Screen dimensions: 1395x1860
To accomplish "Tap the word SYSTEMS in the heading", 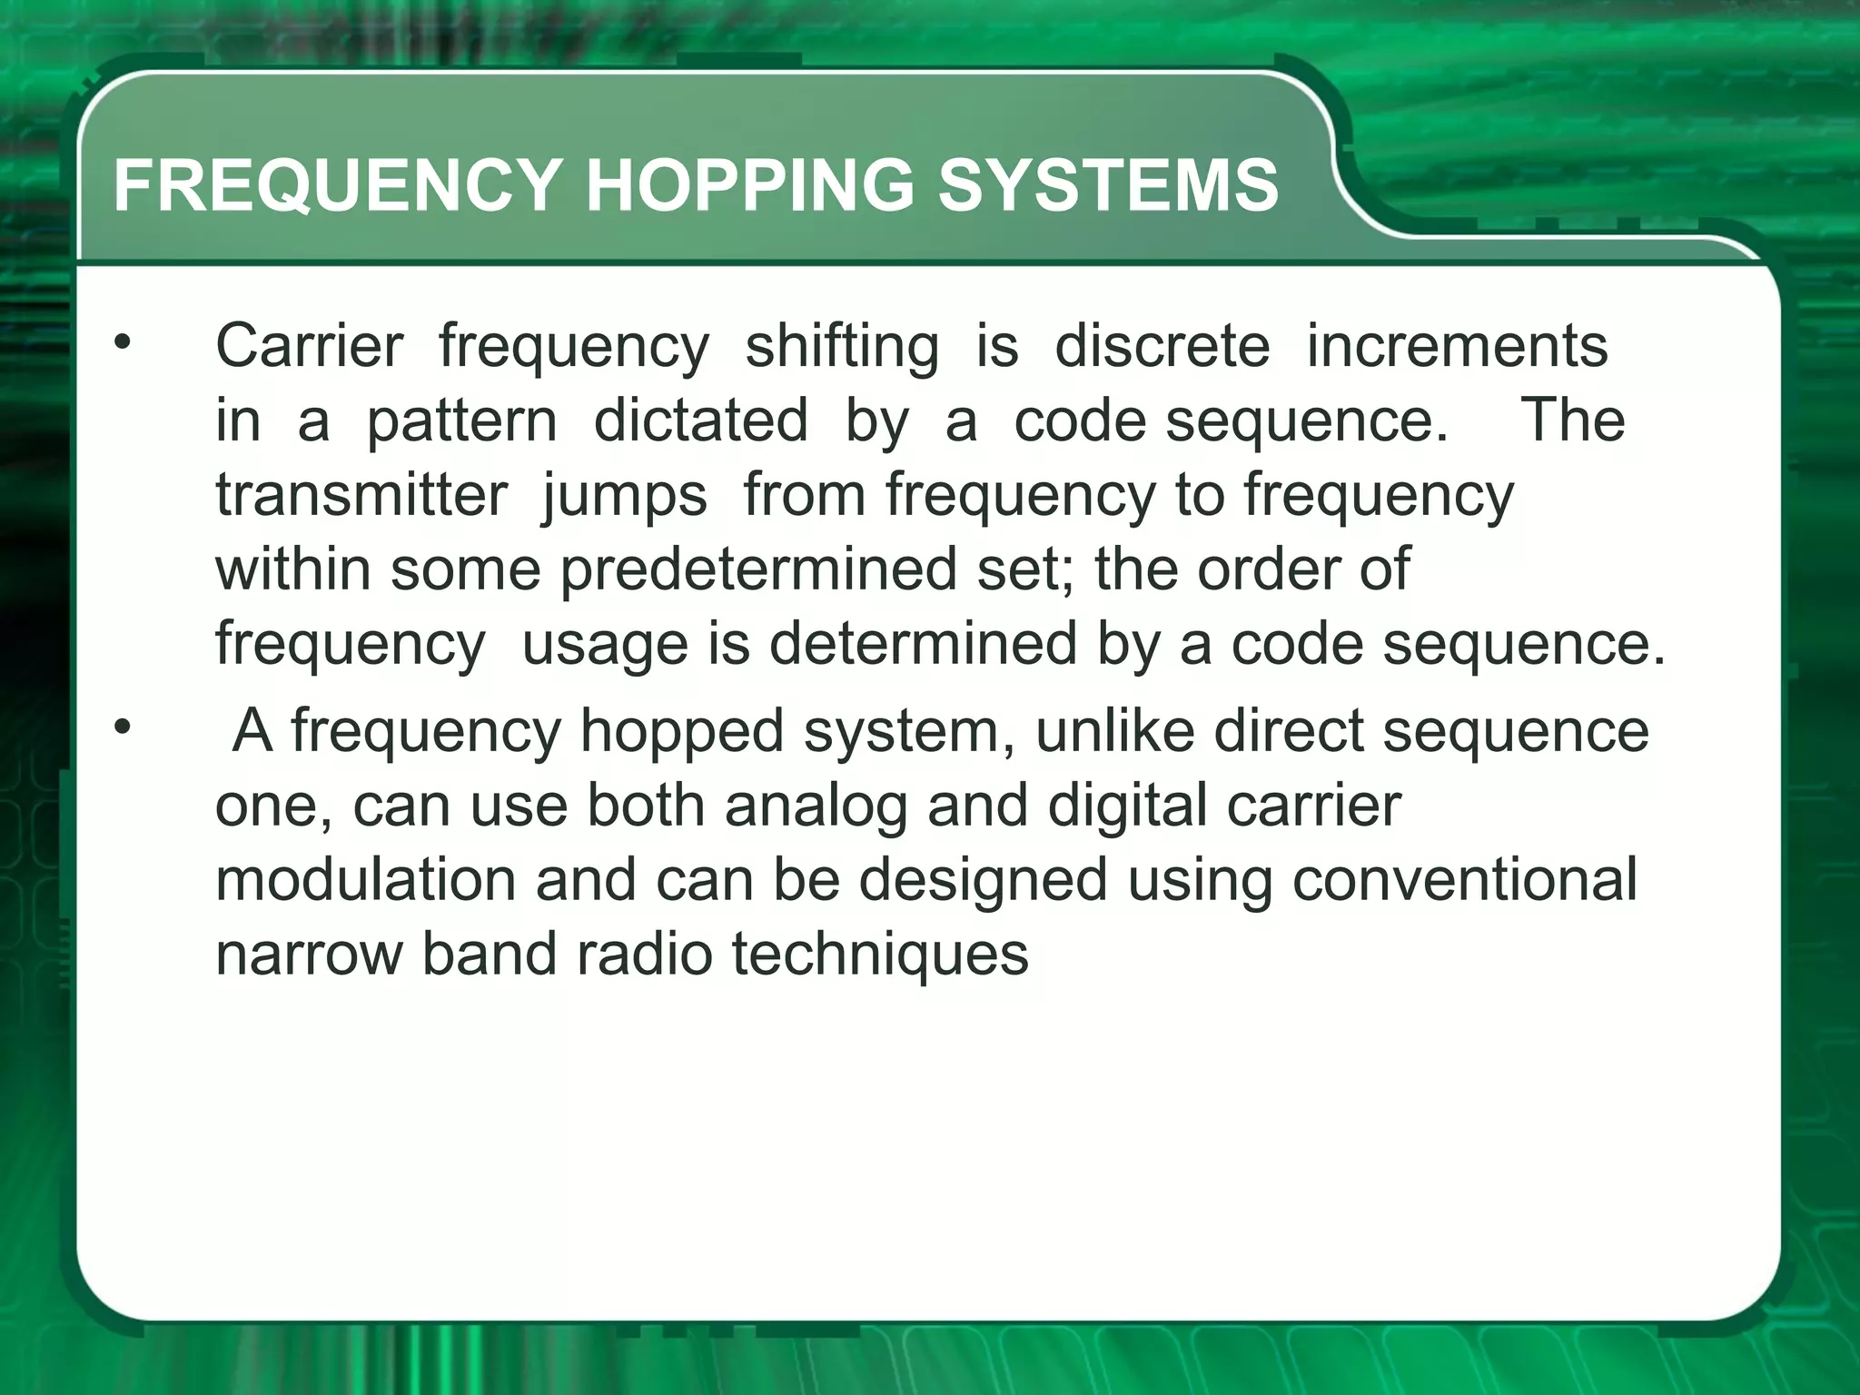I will pyautogui.click(x=1107, y=185).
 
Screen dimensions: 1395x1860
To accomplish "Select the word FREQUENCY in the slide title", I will pyautogui.click(x=337, y=185).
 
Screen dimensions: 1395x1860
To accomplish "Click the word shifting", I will pyautogui.click(x=842, y=347).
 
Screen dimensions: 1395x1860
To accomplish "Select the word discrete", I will pyautogui.click(x=1162, y=347).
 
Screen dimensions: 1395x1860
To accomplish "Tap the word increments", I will pyautogui.click(x=1457, y=347).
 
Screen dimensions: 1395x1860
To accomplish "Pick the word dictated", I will pyautogui.click(x=700, y=421).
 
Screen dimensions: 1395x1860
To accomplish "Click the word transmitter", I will pyautogui.click(x=361, y=496).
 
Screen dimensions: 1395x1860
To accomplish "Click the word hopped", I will pyautogui.click(x=681, y=732).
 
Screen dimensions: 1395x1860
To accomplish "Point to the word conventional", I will pyautogui.click(x=1464, y=879).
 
